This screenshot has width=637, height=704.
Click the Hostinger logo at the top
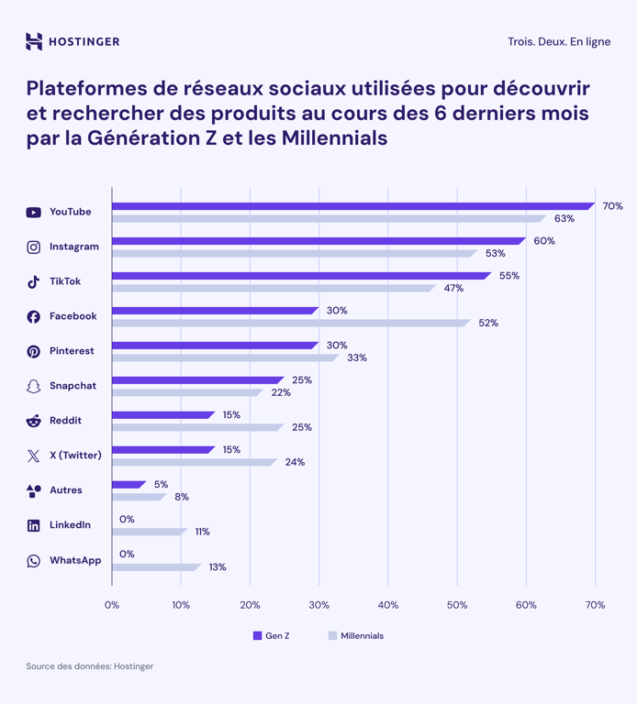73,41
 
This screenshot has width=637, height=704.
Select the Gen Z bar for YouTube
352,206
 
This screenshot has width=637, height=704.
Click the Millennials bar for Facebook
290,323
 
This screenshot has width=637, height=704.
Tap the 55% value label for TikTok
508,276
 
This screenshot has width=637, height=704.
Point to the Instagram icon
33,247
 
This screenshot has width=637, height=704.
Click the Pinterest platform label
72,351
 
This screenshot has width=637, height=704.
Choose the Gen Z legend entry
272,635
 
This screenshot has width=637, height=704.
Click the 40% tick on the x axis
387,605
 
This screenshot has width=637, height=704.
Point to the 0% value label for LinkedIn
127,520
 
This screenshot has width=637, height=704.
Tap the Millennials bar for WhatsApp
155,566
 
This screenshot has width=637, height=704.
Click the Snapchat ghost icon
33,387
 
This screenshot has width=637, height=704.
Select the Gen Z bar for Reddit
162,415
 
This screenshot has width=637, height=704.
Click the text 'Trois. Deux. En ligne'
558,41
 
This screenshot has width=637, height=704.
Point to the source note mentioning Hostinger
89,666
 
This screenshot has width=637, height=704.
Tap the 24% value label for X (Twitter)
295,462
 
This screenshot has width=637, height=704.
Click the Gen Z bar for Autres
128,485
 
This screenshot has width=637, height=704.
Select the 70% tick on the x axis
595,605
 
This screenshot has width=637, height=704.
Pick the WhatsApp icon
33,561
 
